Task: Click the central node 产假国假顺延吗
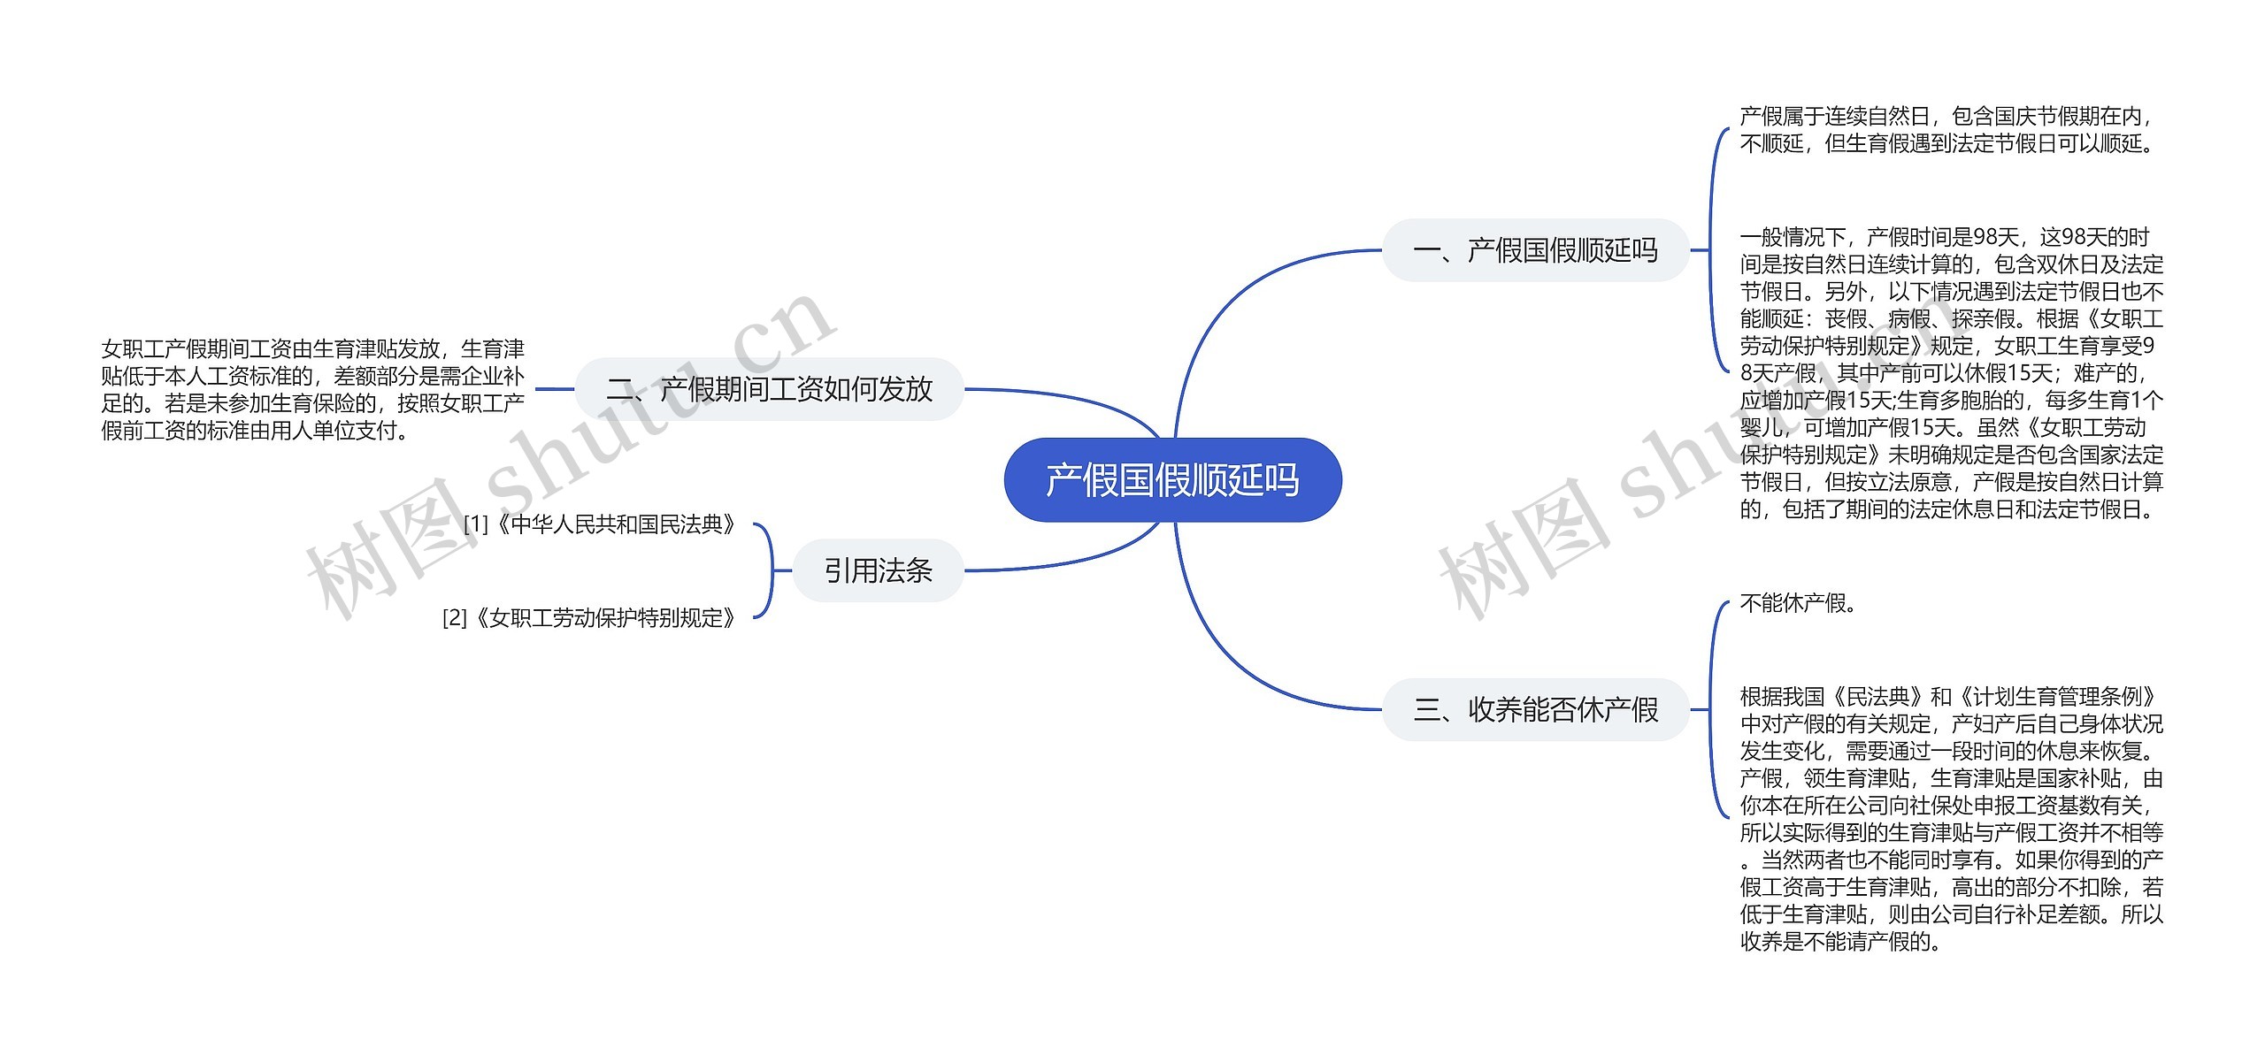pyautogui.click(x=1172, y=480)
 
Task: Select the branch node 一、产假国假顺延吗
pyautogui.click(x=1535, y=250)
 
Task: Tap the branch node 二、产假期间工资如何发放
pyautogui.click(x=769, y=389)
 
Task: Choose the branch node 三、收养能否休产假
pyautogui.click(x=1535, y=709)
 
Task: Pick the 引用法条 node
pyautogui.click(x=878, y=570)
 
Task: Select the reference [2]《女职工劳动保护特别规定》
pyautogui.click(x=590, y=617)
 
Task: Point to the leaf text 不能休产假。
pyautogui.click(x=1798, y=603)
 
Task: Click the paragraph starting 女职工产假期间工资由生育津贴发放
pyautogui.click(x=313, y=389)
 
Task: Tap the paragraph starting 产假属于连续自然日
pyautogui.click(x=1946, y=129)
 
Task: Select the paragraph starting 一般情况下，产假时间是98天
pyautogui.click(x=1951, y=373)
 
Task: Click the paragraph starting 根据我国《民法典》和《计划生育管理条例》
pyautogui.click(x=1951, y=818)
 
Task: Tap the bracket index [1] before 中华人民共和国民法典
pyautogui.click(x=476, y=524)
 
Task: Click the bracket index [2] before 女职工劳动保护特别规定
pyautogui.click(x=455, y=617)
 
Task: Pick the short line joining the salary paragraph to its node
pyautogui.click(x=555, y=389)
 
